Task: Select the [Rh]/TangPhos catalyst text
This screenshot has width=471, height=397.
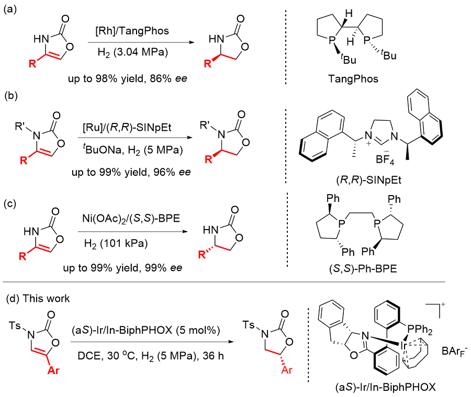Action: (x=140, y=32)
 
